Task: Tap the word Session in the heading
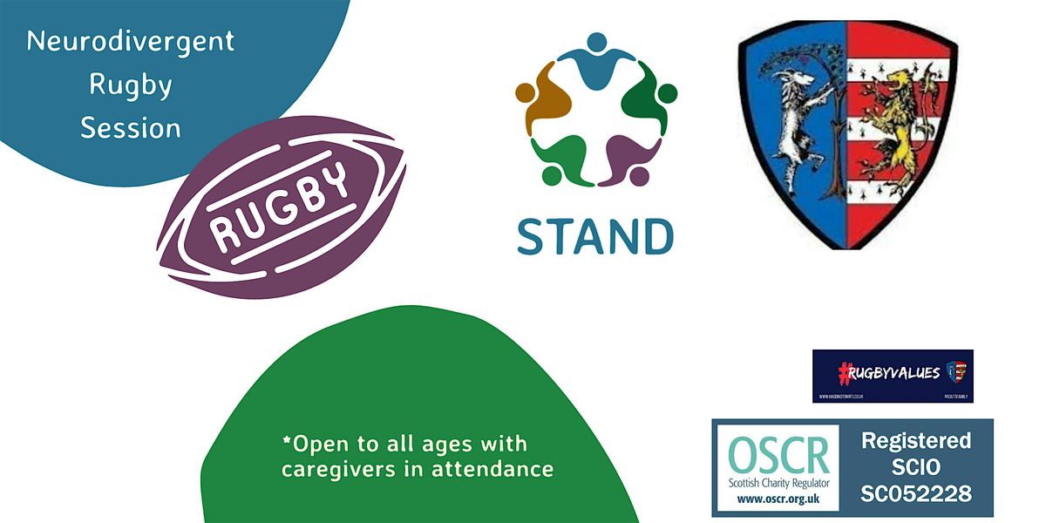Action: pos(131,128)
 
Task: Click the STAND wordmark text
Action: pos(594,234)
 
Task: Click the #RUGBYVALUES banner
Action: pos(893,375)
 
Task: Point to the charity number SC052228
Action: pos(915,493)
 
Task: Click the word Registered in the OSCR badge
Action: pos(915,441)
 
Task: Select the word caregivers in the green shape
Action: pos(336,469)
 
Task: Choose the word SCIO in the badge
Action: pos(915,467)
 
